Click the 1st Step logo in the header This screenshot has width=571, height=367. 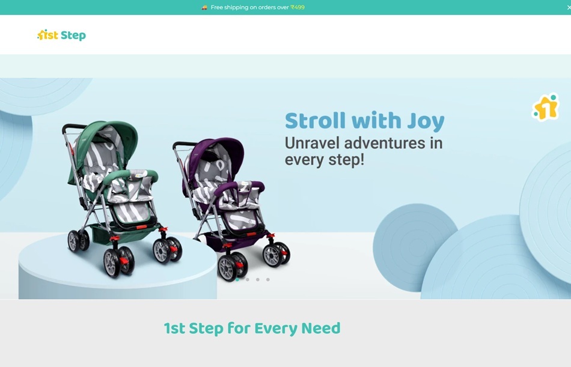61,35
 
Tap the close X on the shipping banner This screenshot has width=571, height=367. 569,7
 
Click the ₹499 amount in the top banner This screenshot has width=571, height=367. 298,7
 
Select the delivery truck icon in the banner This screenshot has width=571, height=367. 204,7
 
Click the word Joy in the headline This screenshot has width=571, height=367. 426,121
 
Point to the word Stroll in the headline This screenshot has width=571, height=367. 315,121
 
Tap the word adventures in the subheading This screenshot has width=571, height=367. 385,143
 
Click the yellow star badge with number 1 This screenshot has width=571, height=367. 545,108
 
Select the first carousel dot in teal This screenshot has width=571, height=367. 237,280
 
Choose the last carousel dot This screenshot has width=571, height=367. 268,280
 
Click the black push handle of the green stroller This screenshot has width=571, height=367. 74,127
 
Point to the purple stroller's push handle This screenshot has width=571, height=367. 183,145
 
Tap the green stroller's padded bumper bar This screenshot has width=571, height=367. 130,175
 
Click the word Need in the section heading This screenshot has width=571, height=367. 321,328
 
